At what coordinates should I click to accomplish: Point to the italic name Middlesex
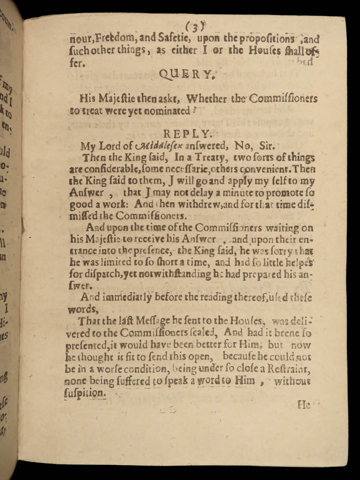154,146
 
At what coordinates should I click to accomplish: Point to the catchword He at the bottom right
304,405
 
